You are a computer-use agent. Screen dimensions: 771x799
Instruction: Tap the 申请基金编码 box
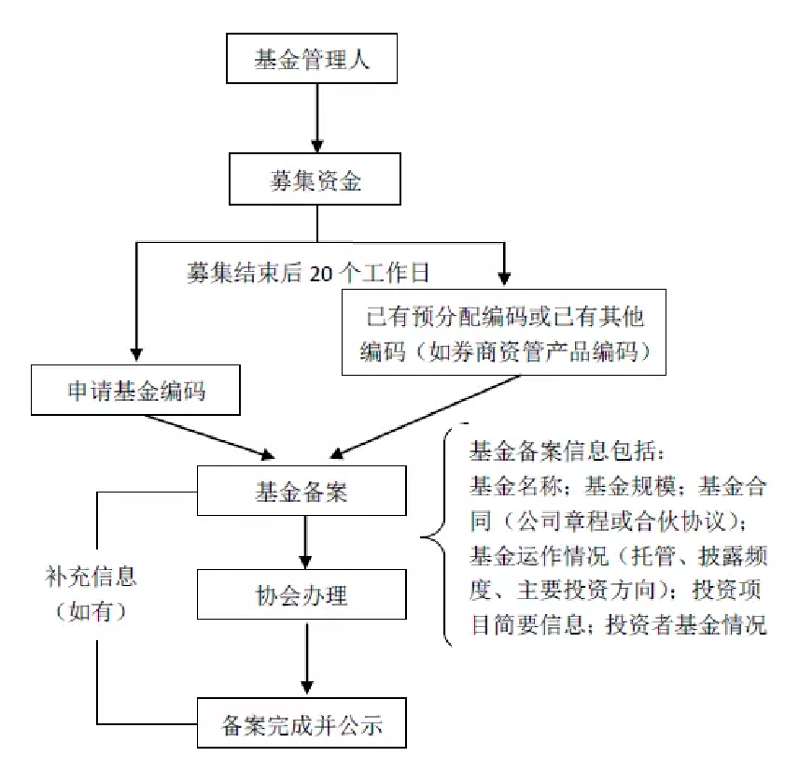click(x=137, y=390)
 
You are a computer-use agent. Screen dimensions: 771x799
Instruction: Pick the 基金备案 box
click(x=301, y=490)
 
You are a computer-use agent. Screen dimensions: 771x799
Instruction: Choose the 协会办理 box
click(x=301, y=594)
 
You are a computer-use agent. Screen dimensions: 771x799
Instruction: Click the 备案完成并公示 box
click(x=301, y=723)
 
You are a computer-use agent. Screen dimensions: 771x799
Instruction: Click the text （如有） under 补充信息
click(x=91, y=612)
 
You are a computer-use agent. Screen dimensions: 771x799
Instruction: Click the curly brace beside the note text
click(x=437, y=537)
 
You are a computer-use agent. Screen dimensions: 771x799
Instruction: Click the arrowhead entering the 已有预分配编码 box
click(x=504, y=277)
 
